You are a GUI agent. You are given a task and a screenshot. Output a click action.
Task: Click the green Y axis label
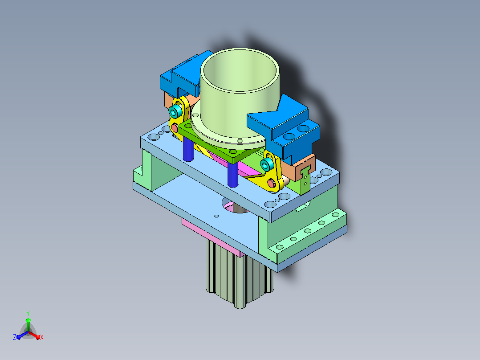coord(28,313)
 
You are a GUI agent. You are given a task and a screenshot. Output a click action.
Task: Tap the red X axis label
coord(42,337)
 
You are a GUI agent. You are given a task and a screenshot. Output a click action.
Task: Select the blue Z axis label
coord(15,337)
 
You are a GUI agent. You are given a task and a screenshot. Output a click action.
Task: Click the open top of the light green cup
coord(240,70)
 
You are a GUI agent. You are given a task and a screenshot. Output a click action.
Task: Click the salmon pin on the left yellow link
coord(175,127)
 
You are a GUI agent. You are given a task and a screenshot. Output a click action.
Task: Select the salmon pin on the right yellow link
coord(271,183)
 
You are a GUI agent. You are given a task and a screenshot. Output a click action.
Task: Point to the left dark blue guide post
coord(188,149)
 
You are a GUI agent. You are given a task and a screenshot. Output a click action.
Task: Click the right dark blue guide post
coord(233,174)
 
